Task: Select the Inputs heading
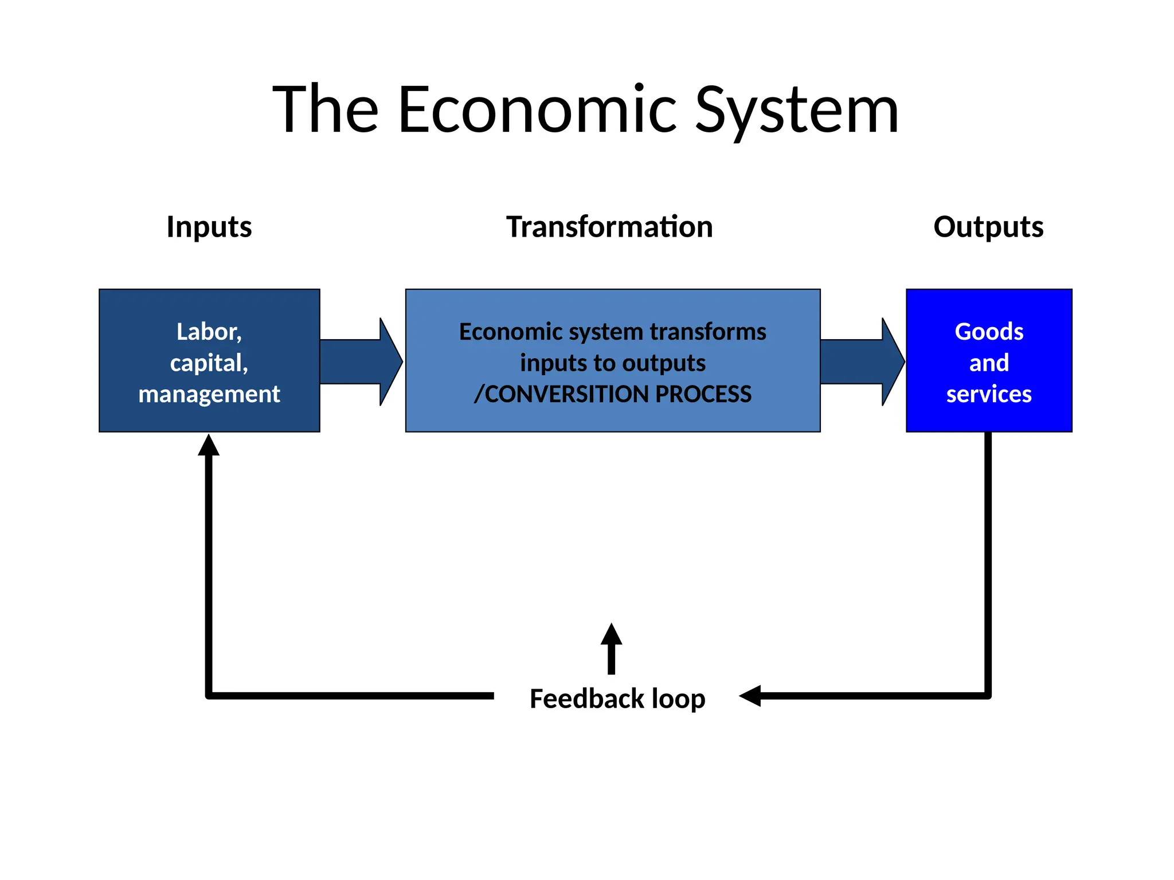pyautogui.click(x=209, y=227)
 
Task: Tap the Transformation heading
pyautogui.click(x=609, y=227)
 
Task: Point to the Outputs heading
pyautogui.click(x=988, y=227)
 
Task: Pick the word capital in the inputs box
pyautogui.click(x=206, y=363)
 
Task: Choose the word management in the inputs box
pyautogui.click(x=209, y=394)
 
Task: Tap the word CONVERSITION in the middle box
pyautogui.click(x=561, y=394)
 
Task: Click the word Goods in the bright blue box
pyautogui.click(x=989, y=332)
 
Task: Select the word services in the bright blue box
pyautogui.click(x=989, y=394)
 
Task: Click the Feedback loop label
pyautogui.click(x=617, y=699)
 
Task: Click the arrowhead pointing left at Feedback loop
pyautogui.click(x=750, y=696)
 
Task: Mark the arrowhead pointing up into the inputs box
pyautogui.click(x=209, y=446)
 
